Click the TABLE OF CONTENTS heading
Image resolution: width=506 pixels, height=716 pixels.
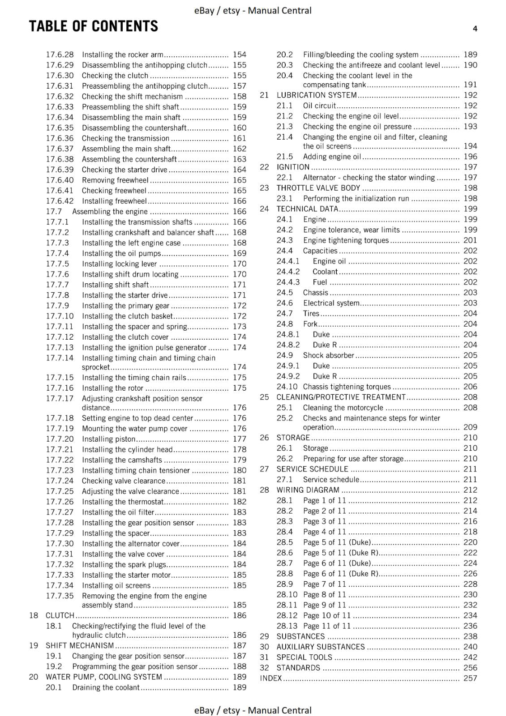(x=94, y=26)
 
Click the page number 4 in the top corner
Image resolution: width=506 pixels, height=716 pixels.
(x=475, y=29)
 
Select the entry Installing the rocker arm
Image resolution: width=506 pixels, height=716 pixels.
(x=122, y=55)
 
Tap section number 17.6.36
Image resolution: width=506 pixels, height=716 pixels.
(x=60, y=138)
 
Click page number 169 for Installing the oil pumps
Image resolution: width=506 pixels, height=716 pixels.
(x=240, y=253)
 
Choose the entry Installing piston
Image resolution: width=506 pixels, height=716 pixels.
(x=108, y=439)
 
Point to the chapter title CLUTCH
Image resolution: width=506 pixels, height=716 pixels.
(x=60, y=615)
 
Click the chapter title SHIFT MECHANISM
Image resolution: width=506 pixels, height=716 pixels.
(x=80, y=645)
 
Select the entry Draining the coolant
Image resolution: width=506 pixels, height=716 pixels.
(x=106, y=687)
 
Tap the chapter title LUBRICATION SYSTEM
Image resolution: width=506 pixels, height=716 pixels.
(x=317, y=95)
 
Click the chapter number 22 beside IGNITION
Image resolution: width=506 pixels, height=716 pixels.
(x=264, y=167)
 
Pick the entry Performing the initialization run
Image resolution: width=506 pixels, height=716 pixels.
(x=356, y=198)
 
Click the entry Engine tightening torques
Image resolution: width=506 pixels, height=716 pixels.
(x=346, y=240)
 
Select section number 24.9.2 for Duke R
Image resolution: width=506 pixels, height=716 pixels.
(x=288, y=376)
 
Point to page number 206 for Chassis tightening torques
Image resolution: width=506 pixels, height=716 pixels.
(x=470, y=387)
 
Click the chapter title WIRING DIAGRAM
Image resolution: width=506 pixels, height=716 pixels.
(x=308, y=490)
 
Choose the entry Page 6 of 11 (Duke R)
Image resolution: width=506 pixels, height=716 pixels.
(x=341, y=574)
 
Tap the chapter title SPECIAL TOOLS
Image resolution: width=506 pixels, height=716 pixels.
(x=304, y=657)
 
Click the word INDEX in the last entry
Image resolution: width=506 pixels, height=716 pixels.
(x=271, y=678)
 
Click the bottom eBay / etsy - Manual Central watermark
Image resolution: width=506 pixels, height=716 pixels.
(x=253, y=710)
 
